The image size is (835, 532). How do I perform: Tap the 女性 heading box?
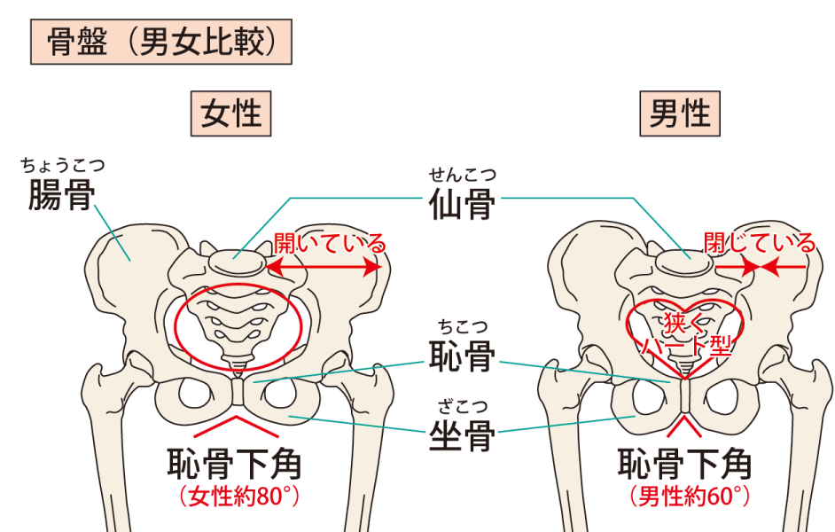tap(230, 114)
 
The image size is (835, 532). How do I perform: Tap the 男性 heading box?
tap(680, 114)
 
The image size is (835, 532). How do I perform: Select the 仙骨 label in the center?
tap(461, 205)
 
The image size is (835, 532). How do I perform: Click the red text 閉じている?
tap(759, 242)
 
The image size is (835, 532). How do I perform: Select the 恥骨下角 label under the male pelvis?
tap(684, 464)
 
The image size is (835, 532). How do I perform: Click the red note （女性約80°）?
tap(238, 496)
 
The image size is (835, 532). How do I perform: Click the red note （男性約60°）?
tap(687, 496)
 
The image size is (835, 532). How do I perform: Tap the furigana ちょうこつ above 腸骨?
tap(62, 165)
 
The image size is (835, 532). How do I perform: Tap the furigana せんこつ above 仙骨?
tap(461, 174)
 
